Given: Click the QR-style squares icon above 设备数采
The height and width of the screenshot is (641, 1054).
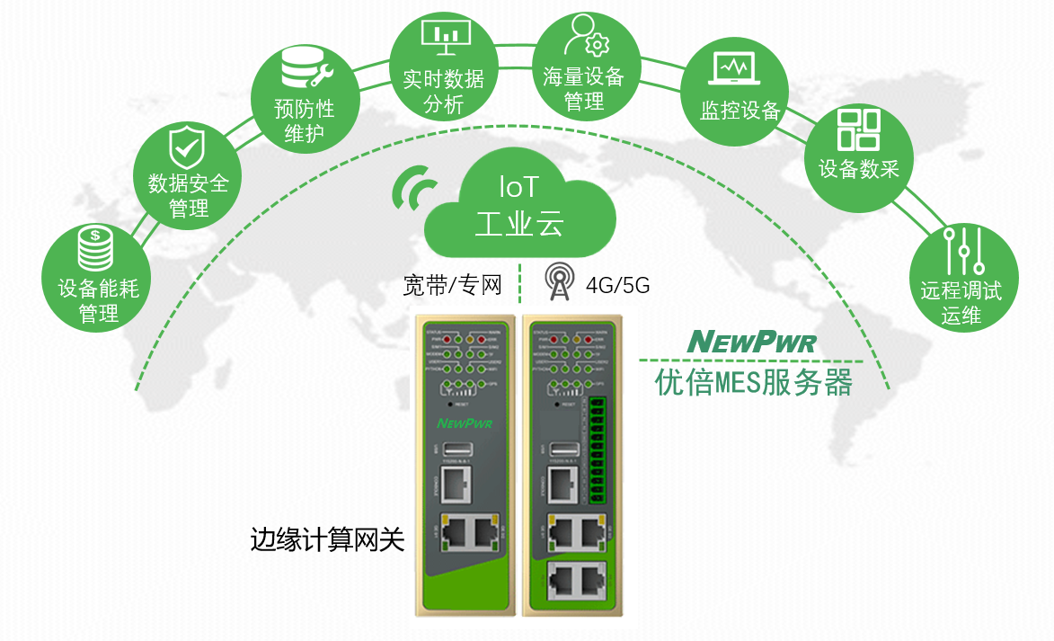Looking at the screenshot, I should [858, 129].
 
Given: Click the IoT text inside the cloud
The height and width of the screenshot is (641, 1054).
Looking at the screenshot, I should [518, 187].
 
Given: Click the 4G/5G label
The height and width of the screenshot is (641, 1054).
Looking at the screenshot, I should [617, 287].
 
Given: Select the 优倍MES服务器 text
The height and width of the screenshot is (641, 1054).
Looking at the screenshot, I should [753, 383].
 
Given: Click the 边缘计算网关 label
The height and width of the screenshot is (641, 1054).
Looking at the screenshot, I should [327, 539].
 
